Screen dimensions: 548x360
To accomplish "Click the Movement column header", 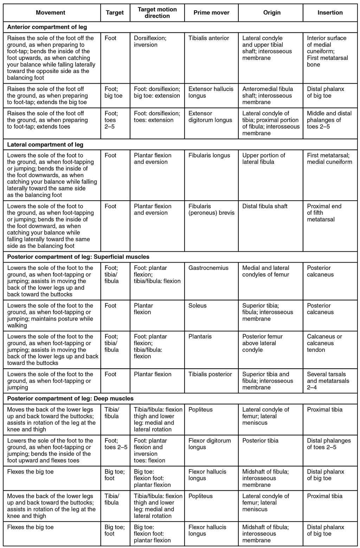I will click(51, 13).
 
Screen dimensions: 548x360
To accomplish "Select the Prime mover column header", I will click(211, 13).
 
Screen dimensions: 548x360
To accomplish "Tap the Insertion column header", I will click(330, 13).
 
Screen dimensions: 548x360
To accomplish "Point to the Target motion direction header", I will click(157, 13).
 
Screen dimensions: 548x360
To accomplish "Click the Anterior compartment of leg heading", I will click(47, 27).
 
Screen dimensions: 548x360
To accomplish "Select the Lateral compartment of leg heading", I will click(45, 144).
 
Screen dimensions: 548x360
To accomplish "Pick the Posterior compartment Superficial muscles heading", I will click(78, 257).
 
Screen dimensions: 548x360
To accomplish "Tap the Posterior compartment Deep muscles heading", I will click(70, 399).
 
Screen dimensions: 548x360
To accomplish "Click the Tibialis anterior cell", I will click(208, 38).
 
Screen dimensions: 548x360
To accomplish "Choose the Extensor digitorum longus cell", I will click(210, 117).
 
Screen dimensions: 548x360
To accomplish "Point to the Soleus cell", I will click(197, 306).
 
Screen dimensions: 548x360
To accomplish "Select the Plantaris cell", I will click(200, 337).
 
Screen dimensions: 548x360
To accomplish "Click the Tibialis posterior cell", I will click(210, 374).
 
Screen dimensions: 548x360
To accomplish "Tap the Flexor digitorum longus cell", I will click(210, 444).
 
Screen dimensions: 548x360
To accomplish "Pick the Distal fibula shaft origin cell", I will click(265, 206).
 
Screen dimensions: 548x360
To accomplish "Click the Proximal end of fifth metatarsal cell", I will click(324, 213).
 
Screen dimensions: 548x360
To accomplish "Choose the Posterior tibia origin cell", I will click(260, 441).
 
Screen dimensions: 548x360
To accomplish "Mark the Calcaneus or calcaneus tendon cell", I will click(324, 343).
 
